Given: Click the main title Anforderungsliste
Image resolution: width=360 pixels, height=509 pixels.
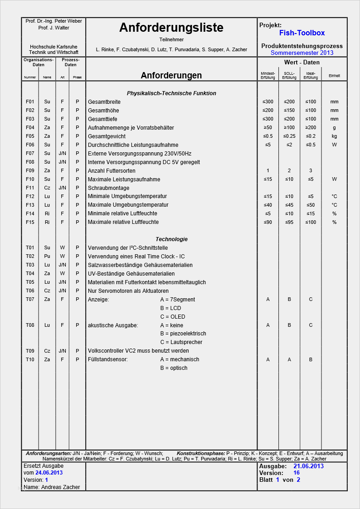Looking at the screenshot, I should coord(171,28).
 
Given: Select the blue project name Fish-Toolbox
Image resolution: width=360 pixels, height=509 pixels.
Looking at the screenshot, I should coord(302,33).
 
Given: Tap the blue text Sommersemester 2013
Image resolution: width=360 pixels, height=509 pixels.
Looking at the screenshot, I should coord(302,53).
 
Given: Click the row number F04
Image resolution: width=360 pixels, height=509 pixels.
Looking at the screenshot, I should coord(30,128).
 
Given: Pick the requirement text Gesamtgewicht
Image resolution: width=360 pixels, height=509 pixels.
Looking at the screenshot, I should coord(107,136).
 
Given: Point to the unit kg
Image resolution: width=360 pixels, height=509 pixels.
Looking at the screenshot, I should coord(334,136).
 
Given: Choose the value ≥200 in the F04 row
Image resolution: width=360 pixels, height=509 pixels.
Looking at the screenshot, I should coord(311,128).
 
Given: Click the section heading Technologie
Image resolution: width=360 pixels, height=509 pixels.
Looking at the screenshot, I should coord(171,239).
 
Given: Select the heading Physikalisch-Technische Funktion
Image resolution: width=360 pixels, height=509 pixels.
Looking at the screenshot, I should coord(171,93).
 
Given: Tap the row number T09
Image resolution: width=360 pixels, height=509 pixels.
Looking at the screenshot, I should coord(30,351).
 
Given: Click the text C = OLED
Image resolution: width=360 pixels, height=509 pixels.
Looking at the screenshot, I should coord(173,317).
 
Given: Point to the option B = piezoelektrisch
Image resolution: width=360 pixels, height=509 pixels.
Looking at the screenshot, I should coord(183,334).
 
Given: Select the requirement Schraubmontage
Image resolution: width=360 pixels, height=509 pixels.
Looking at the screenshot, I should coord(108,188).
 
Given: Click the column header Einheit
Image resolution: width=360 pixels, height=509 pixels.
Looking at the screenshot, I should coord(334,76).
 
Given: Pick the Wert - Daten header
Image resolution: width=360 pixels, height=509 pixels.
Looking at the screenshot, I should coord(302,62).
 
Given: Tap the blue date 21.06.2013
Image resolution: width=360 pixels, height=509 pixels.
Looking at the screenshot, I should coord(308,466).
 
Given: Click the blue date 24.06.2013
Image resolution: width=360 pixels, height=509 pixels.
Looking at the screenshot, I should coord(49,473).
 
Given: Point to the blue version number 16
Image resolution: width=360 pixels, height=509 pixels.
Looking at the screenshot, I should coord(297,473).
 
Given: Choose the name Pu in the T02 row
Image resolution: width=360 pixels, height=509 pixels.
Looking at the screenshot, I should coord(47,257).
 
